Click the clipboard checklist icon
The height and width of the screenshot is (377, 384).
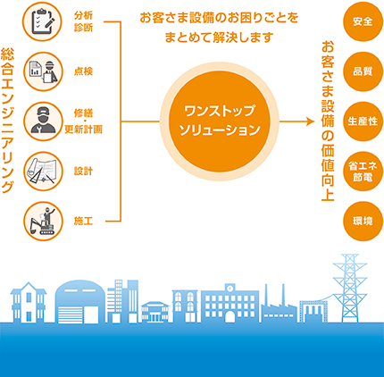(43, 21)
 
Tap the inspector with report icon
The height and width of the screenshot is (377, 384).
(43, 71)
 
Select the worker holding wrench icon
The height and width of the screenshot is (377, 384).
(43, 121)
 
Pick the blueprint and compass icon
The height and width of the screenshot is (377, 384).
(43, 172)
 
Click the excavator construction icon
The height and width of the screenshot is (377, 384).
(43, 222)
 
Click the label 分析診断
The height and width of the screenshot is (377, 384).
(84, 21)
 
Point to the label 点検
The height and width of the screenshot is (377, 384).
(84, 71)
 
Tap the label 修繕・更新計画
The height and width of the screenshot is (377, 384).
(84, 121)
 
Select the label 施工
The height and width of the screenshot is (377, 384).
(84, 222)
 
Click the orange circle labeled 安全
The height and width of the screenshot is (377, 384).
(363, 21)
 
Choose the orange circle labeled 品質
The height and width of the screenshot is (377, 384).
(363, 71)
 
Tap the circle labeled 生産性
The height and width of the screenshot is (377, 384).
(363, 121)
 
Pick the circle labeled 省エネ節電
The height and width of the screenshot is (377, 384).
(363, 172)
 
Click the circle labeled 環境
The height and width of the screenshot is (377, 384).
(363, 222)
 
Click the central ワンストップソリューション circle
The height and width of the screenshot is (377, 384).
(220, 121)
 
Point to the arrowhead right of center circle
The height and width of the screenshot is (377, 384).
(311, 121)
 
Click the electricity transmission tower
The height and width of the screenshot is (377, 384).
(350, 289)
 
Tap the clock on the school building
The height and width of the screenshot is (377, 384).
(230, 288)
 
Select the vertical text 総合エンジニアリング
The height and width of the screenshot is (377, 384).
(7, 121)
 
